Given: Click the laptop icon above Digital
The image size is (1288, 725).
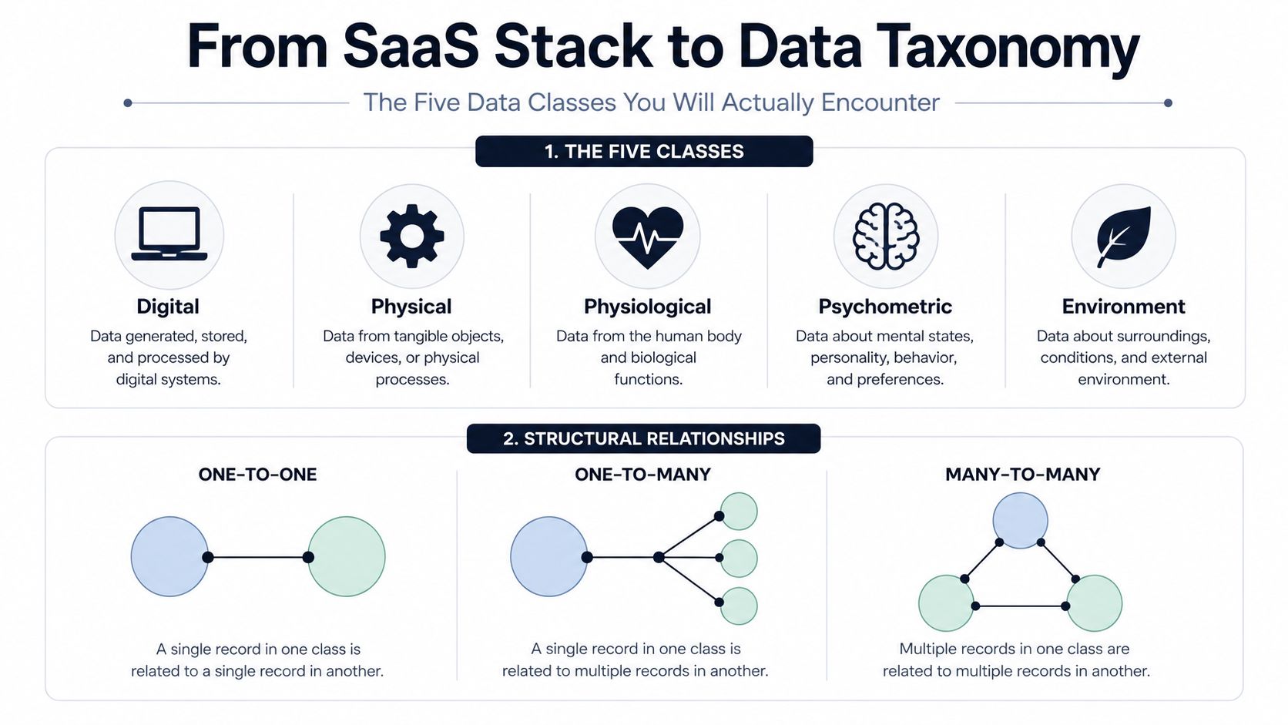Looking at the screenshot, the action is (x=169, y=234).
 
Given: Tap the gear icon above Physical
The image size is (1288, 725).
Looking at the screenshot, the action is (x=411, y=236).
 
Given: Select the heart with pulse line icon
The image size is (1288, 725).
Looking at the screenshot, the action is (x=647, y=237).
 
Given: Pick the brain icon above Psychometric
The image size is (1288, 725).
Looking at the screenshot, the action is (x=886, y=237).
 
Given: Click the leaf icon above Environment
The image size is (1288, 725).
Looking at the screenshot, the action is (x=1123, y=237).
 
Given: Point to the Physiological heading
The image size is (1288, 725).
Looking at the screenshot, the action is (x=647, y=307).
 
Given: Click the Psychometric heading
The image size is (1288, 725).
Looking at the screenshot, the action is (x=885, y=307).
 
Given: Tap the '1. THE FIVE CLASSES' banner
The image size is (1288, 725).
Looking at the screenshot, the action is (x=644, y=151).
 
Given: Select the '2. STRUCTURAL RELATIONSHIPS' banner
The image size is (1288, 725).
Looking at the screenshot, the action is (x=643, y=438).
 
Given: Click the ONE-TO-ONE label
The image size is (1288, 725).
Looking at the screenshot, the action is (x=257, y=475).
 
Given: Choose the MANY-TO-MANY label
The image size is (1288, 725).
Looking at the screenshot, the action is (x=1022, y=475).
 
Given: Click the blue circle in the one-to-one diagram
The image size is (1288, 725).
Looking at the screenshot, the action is (x=169, y=556).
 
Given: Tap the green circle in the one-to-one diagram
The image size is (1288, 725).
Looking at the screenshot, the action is (x=347, y=556).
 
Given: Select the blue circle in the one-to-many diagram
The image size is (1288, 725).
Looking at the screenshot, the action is (x=549, y=556).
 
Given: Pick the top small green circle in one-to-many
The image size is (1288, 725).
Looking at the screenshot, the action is (x=739, y=511).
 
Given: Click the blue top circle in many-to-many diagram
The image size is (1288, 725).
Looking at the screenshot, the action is (x=1020, y=520).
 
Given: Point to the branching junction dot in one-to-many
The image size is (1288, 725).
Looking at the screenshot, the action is (x=659, y=557).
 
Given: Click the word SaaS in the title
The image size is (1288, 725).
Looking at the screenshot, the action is (x=411, y=46).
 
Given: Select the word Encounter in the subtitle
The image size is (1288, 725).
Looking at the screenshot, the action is (x=880, y=102).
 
